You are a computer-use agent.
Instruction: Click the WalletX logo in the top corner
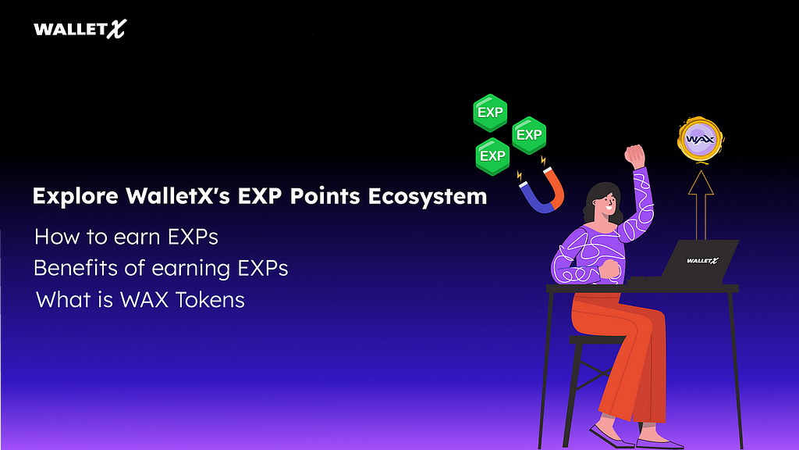pyautogui.click(x=80, y=29)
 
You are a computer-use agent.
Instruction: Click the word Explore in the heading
pyautogui.click(x=76, y=196)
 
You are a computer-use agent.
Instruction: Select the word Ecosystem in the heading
pyautogui.click(x=428, y=197)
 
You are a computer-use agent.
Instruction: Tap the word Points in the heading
pyautogui.click(x=325, y=196)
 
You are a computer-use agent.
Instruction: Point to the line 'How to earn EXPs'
pyautogui.click(x=126, y=237)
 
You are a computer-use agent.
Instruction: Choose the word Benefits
pyautogui.click(x=76, y=268)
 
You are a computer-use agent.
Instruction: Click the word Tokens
pyautogui.click(x=210, y=299)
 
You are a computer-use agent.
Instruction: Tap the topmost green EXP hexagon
pyautogui.click(x=490, y=112)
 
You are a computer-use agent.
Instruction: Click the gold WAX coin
pyautogui.click(x=700, y=139)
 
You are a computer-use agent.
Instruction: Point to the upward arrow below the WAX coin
pyautogui.click(x=701, y=205)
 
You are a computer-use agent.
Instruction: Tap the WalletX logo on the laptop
pyautogui.click(x=702, y=261)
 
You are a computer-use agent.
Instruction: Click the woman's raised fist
pyautogui.click(x=635, y=155)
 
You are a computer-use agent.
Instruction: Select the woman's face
pyautogui.click(x=607, y=204)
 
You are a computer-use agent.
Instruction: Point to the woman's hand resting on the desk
pyautogui.click(x=610, y=270)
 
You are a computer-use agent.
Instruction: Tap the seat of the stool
pyautogui.click(x=597, y=340)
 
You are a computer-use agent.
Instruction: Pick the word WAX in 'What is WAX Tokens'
pyautogui.click(x=144, y=299)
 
